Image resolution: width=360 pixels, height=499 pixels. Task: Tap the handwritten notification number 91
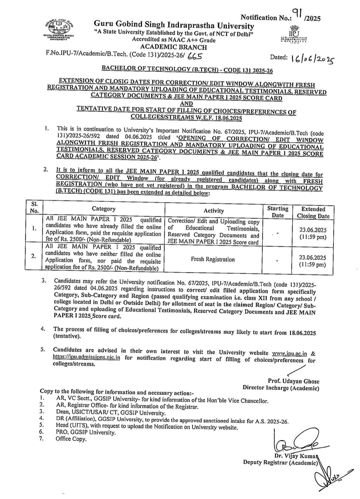click(x=297, y=13)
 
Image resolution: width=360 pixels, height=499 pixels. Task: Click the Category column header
click(x=104, y=209)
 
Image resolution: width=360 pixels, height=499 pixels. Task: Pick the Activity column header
click(x=214, y=211)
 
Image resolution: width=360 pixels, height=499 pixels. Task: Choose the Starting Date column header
click(x=278, y=212)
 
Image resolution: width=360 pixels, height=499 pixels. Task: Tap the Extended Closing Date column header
click(x=313, y=213)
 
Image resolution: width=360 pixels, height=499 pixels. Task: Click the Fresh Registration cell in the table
click(x=213, y=259)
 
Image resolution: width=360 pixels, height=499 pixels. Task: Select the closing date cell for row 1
click(x=313, y=234)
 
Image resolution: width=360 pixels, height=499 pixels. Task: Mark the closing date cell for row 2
click(x=313, y=261)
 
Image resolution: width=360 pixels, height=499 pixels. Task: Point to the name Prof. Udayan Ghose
click(x=293, y=381)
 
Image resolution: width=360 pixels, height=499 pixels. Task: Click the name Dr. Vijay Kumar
click(x=296, y=456)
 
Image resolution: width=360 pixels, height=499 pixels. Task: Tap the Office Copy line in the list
click(x=71, y=439)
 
